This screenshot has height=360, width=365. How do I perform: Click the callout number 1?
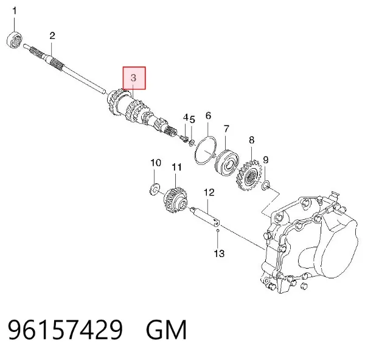coord(15,11)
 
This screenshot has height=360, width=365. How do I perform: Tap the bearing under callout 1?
coord(14,40)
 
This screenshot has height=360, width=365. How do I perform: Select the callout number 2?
coord(52,36)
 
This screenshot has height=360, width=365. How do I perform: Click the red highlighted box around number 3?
coord(134,78)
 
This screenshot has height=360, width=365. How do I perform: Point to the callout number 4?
coord(186,117)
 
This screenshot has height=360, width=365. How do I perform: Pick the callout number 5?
coord(192,119)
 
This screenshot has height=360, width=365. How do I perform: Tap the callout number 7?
coord(226,129)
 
